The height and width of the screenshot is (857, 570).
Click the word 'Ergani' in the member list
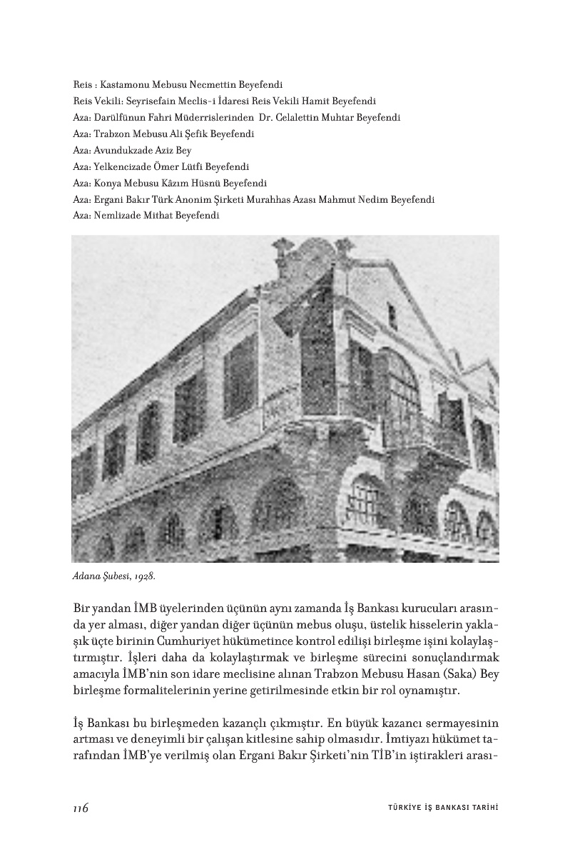click(106, 199)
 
